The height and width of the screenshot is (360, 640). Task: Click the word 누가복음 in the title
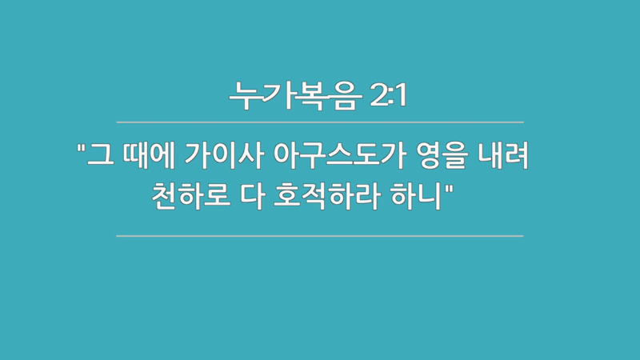click(x=295, y=96)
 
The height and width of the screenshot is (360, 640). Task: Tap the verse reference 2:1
click(x=390, y=96)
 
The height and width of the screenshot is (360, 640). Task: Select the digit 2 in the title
click(x=378, y=96)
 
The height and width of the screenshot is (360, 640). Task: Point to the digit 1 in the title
click(x=402, y=96)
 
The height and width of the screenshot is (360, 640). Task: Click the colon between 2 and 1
click(x=391, y=97)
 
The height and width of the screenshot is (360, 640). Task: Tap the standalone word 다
click(x=246, y=194)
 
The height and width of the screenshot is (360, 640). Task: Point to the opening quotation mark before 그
click(x=81, y=148)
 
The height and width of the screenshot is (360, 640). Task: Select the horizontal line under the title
click(x=320, y=122)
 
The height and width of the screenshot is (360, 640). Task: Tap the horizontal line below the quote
click(x=320, y=236)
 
